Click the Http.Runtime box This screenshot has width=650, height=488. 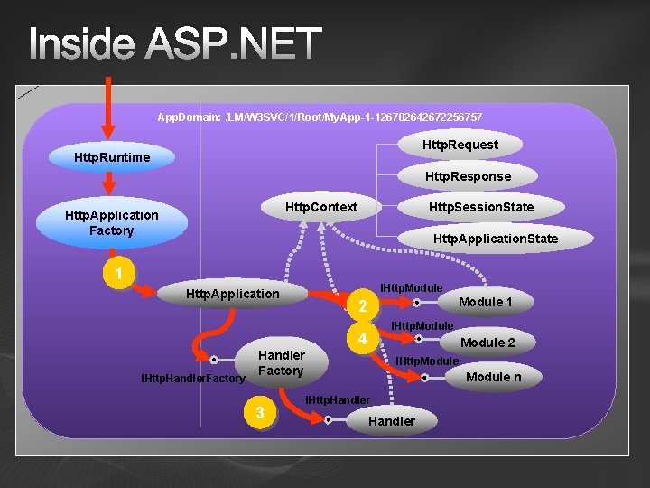[112, 158]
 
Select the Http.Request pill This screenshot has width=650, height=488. [460, 145]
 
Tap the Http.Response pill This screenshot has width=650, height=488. [468, 176]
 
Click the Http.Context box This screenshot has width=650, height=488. [321, 207]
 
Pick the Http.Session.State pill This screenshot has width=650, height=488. [481, 207]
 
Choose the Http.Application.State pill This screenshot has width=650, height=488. [496, 239]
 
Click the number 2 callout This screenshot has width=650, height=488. [362, 307]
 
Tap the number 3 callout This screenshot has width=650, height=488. [260, 413]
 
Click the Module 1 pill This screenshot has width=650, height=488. [486, 302]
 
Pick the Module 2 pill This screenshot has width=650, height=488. [487, 343]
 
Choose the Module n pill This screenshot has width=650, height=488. [493, 377]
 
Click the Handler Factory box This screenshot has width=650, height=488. [281, 363]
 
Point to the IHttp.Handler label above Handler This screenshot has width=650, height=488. [338, 400]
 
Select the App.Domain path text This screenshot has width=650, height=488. [320, 117]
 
